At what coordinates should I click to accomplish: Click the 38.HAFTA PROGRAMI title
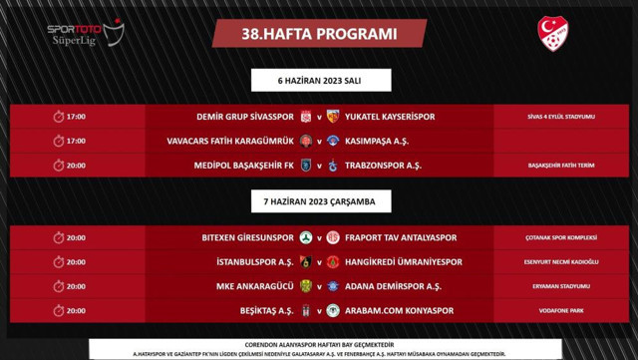[x=319, y=33]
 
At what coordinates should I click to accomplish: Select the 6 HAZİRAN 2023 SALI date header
[x=319, y=81]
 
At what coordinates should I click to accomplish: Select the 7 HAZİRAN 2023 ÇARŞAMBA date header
[x=319, y=201]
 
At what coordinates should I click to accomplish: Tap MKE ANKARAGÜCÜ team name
[x=252, y=286]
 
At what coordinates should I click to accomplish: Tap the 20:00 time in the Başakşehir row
[x=76, y=165]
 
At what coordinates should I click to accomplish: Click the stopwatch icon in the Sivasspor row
[x=58, y=117]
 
